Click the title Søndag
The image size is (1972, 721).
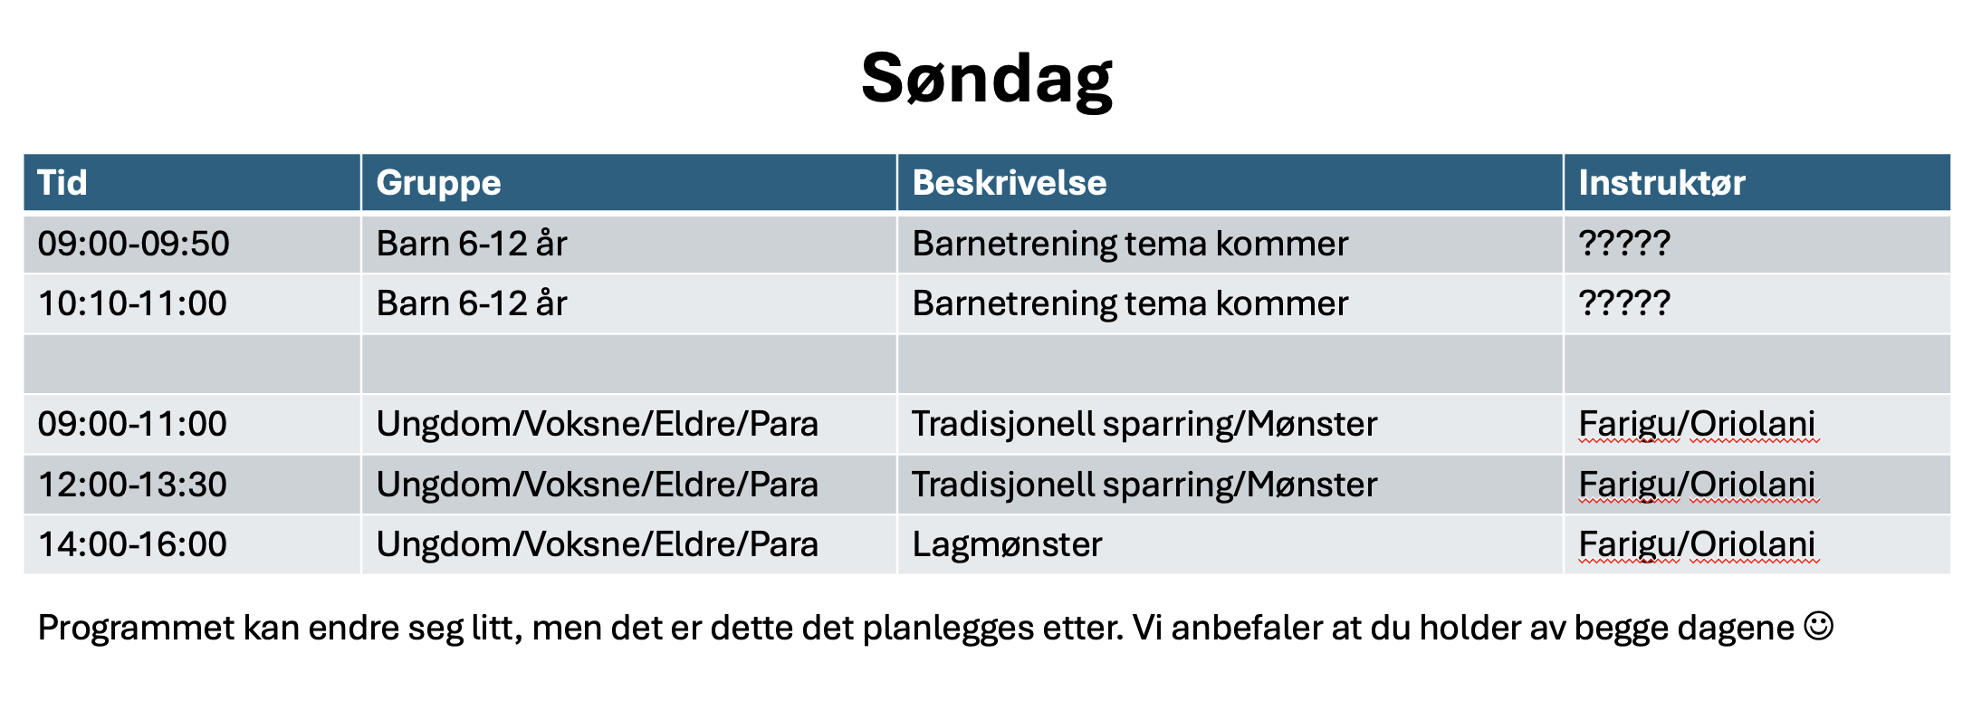987,80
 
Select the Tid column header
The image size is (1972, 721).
62,183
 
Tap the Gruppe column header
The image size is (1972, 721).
438,184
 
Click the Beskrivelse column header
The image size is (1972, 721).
1010,183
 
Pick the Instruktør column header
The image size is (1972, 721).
1662,183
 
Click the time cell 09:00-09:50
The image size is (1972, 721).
134,244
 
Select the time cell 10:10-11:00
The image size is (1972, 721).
132,303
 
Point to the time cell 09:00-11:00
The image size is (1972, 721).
132,424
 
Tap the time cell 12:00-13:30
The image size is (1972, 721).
132,485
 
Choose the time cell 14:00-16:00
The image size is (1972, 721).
132,544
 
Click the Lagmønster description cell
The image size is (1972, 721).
1007,545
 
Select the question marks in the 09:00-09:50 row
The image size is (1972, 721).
1624,243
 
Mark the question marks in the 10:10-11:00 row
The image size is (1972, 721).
1624,303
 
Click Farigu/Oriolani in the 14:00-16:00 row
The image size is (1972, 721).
1697,545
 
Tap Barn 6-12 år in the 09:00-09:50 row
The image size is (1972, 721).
472,244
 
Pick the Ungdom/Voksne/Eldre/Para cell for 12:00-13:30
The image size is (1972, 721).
598,485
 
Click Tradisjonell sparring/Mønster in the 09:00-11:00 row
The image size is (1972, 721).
1144,425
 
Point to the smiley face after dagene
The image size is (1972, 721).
1819,626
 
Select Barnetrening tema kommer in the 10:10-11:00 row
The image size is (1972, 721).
1130,304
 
